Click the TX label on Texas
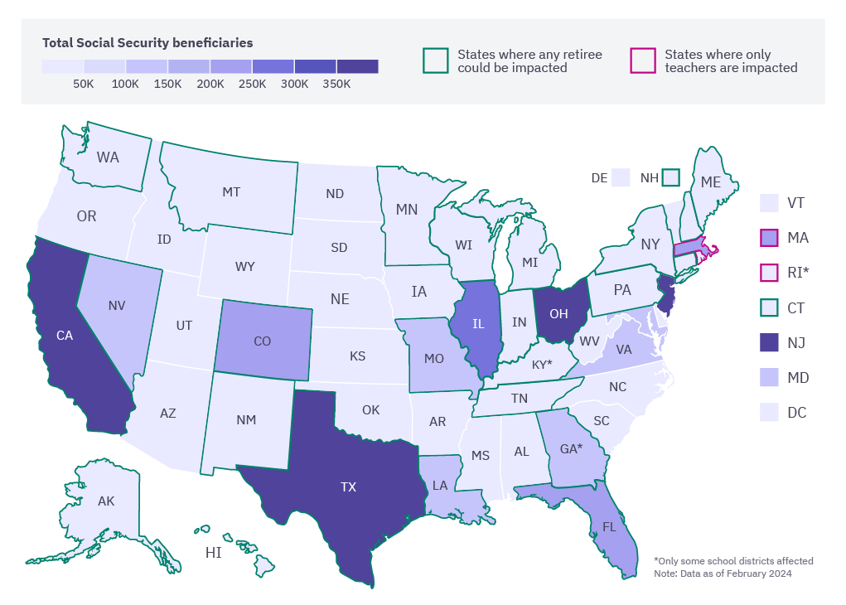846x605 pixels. [x=348, y=487]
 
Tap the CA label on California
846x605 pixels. [x=65, y=336]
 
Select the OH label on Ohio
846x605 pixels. [x=558, y=314]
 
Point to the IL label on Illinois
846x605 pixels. [x=478, y=324]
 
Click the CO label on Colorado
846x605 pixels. [x=262, y=341]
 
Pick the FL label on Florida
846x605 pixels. [x=609, y=527]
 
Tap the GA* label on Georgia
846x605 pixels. [x=571, y=449]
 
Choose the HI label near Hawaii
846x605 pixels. [x=213, y=552]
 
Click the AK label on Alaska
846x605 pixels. [x=106, y=501]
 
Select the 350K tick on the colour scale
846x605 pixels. [x=336, y=84]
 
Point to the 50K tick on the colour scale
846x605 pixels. [x=84, y=84]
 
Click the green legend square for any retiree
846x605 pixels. [x=436, y=60]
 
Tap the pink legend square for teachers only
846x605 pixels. [x=643, y=60]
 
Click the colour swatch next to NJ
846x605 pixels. [x=770, y=342]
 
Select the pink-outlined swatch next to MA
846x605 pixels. [x=770, y=238]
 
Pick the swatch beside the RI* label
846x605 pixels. [x=770, y=273]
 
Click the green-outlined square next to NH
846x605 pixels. [x=670, y=177]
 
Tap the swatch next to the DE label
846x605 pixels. [x=621, y=177]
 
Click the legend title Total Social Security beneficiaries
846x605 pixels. [x=147, y=42]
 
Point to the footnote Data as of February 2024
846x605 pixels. [x=723, y=574]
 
